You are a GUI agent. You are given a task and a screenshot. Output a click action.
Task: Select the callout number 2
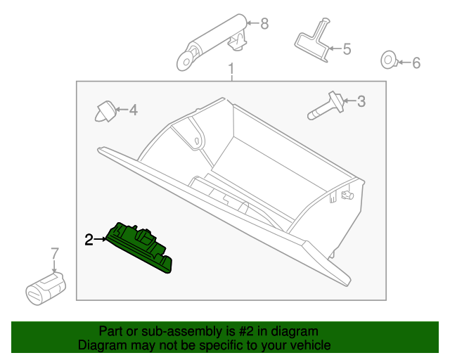(89, 240)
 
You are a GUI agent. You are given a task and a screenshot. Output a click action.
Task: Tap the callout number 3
(361, 101)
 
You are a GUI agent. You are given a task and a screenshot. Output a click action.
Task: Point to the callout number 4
(132, 110)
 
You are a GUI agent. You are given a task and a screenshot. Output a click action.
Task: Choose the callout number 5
(346, 49)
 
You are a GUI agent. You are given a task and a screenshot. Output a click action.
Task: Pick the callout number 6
(416, 63)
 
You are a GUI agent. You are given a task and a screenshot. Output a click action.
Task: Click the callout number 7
(54, 252)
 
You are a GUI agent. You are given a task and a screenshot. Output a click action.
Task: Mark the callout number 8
(264, 24)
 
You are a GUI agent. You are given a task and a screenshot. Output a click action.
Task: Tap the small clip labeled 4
(105, 110)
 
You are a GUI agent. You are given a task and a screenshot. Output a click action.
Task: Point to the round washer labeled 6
(387, 61)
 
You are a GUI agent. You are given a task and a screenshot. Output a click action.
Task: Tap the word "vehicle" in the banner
(309, 345)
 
